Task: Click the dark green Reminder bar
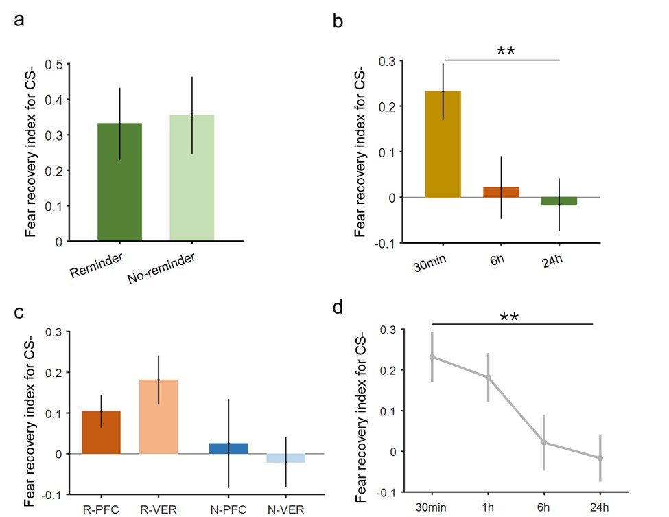[x=120, y=182]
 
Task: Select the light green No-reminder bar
[x=192, y=178]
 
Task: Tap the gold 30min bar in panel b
[x=443, y=144]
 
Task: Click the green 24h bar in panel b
[x=559, y=201]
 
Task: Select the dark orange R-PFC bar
[x=101, y=433]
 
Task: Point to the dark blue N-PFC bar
[x=228, y=448]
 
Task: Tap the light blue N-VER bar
[x=285, y=458]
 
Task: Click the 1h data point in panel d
[x=488, y=377]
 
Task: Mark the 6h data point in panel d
[x=544, y=443]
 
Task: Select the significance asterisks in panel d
[x=508, y=317]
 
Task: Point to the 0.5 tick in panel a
[x=54, y=65]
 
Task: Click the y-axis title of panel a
[x=31, y=152]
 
